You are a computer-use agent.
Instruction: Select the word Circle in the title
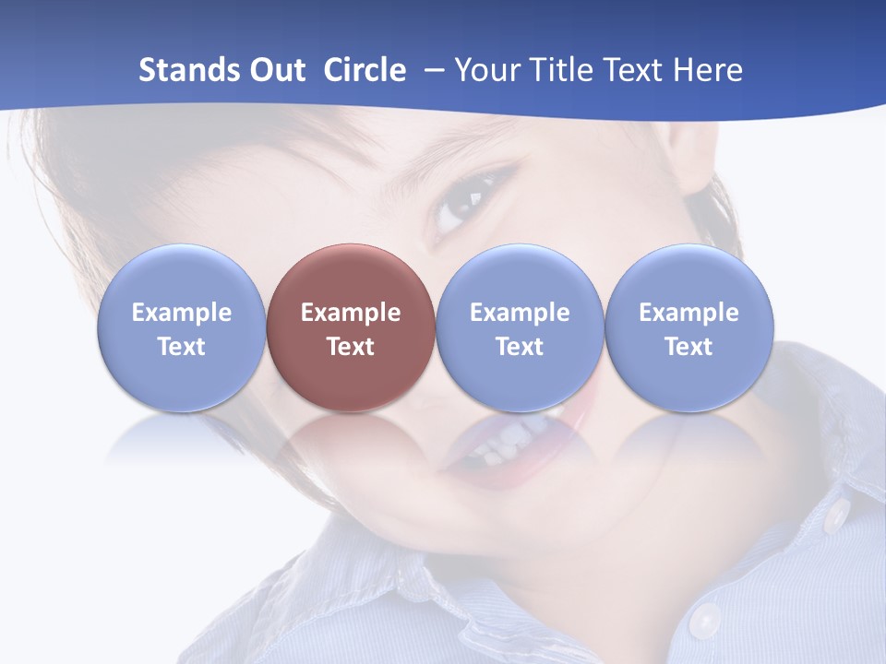[365, 70]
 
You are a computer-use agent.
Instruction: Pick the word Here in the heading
[708, 70]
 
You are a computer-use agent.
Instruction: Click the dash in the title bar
[432, 71]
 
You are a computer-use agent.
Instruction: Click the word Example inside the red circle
[351, 313]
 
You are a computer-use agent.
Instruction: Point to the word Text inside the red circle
[351, 347]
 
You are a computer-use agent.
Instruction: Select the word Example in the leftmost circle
[182, 313]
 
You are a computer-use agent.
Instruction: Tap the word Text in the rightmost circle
[689, 347]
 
